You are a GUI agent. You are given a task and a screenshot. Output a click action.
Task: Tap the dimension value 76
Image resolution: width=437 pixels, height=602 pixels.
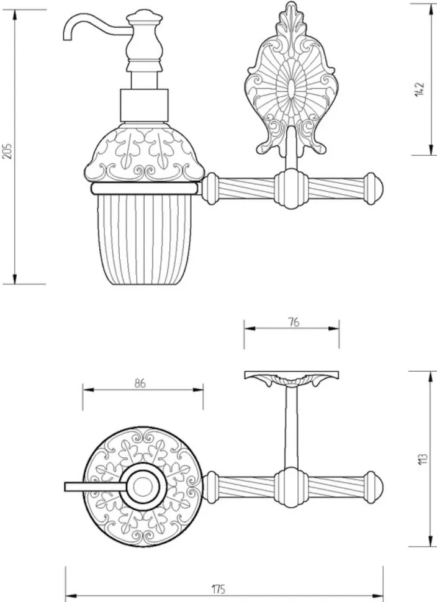pos(294,322)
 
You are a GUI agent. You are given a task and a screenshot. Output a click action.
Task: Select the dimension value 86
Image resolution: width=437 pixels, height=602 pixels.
pos(140,383)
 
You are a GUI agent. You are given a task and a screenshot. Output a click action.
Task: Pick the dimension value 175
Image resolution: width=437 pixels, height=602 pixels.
pos(218,589)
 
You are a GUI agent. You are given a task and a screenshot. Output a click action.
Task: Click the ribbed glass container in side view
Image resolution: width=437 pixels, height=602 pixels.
pos(145,236)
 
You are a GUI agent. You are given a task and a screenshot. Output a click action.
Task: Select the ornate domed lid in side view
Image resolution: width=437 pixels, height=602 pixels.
pos(145,153)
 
